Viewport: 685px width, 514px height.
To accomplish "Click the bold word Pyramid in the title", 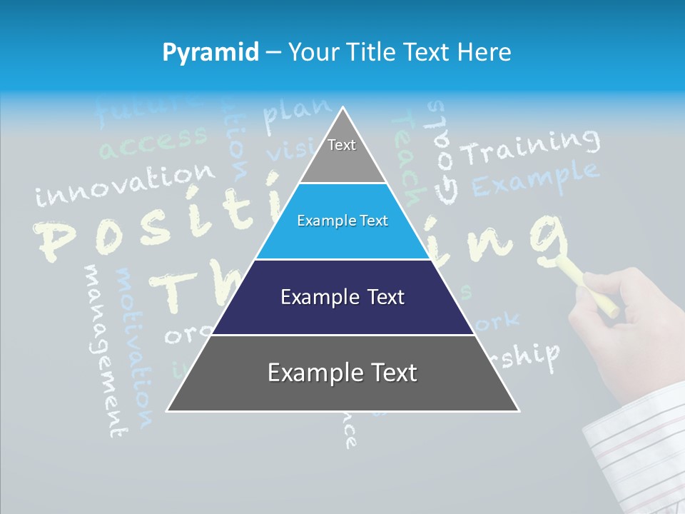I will (210, 52).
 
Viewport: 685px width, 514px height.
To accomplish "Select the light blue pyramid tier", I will (342, 221).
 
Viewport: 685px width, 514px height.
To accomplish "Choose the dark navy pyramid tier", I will (342, 297).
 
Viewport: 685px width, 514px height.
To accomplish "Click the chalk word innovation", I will (125, 184).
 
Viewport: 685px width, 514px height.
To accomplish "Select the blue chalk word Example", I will (535, 178).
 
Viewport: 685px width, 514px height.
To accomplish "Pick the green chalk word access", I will (153, 142).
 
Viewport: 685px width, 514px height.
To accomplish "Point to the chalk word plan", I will (296, 114).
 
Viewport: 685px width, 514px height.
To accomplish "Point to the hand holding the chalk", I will (621, 314).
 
